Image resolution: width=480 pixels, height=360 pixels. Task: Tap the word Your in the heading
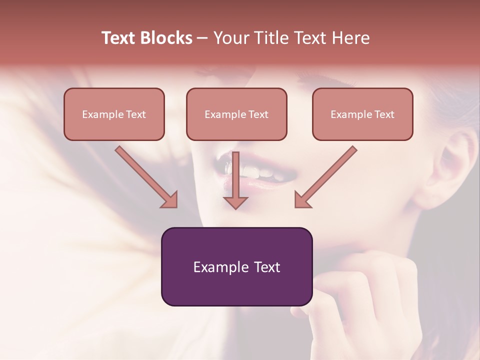[230, 38]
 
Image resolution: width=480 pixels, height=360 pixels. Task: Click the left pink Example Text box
[114, 114]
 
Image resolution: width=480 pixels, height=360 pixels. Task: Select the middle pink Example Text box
[236, 114]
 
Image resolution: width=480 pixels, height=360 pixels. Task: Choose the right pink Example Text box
[362, 114]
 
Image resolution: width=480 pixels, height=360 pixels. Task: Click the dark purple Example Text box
[236, 266]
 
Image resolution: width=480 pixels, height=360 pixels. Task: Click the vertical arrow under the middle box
[235, 180]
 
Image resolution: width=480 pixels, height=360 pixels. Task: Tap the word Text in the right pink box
[384, 114]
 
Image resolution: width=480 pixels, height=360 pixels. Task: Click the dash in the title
[202, 38]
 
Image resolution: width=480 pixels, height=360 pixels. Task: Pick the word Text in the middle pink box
[258, 114]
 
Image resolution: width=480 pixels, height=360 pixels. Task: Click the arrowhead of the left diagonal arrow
[170, 200]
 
